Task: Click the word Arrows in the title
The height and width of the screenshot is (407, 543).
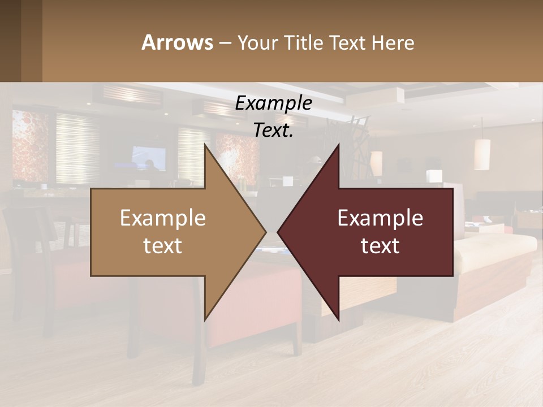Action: coord(177,42)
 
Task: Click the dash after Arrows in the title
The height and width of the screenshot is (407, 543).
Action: coord(225,43)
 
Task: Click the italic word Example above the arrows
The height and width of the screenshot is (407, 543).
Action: coord(274,103)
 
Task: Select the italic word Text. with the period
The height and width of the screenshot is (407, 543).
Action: coord(274,130)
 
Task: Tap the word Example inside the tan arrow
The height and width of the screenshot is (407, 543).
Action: coord(163,218)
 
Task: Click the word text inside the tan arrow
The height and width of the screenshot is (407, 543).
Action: coord(163,246)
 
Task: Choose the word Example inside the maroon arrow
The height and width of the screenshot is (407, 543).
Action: coord(380,218)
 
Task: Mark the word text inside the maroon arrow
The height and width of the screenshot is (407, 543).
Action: coord(380,246)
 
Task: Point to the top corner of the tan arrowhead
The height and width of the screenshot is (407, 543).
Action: coord(205,145)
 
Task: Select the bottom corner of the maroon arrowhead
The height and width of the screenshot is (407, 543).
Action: coord(339,320)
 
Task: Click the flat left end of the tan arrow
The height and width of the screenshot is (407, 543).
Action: coord(92,232)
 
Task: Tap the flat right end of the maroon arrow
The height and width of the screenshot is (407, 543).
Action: coord(452,232)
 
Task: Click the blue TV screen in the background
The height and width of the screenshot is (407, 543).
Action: coord(149,158)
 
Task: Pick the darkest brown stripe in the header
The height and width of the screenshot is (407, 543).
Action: coord(10,41)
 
